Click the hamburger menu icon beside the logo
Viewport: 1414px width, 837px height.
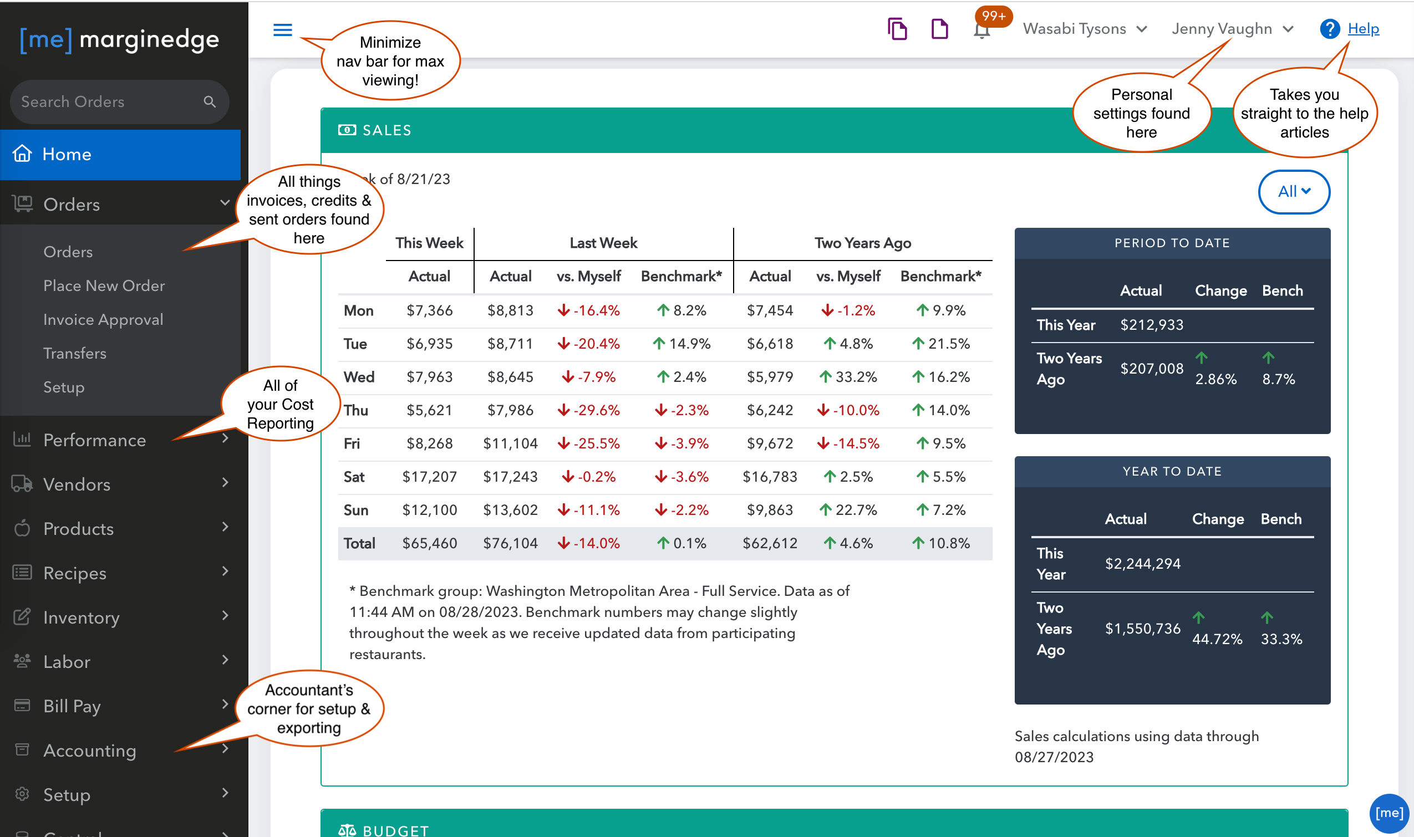[x=283, y=29]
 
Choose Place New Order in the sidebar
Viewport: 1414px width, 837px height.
[x=104, y=285]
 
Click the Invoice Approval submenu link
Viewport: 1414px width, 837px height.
[x=103, y=319]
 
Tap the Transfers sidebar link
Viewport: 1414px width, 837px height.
[x=75, y=353]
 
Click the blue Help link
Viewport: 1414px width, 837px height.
[x=1362, y=28]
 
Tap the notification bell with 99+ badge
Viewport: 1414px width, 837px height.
[x=982, y=29]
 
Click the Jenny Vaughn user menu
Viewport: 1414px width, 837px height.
[x=1232, y=29]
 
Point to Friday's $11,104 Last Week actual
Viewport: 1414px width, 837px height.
[x=510, y=443]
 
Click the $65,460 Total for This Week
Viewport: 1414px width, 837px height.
[x=429, y=543]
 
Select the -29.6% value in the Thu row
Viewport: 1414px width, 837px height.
[x=588, y=410]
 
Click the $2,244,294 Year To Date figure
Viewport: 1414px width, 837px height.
[x=1143, y=564]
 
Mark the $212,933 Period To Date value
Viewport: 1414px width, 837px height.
[x=1152, y=325]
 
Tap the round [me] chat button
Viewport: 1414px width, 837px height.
[x=1388, y=813]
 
